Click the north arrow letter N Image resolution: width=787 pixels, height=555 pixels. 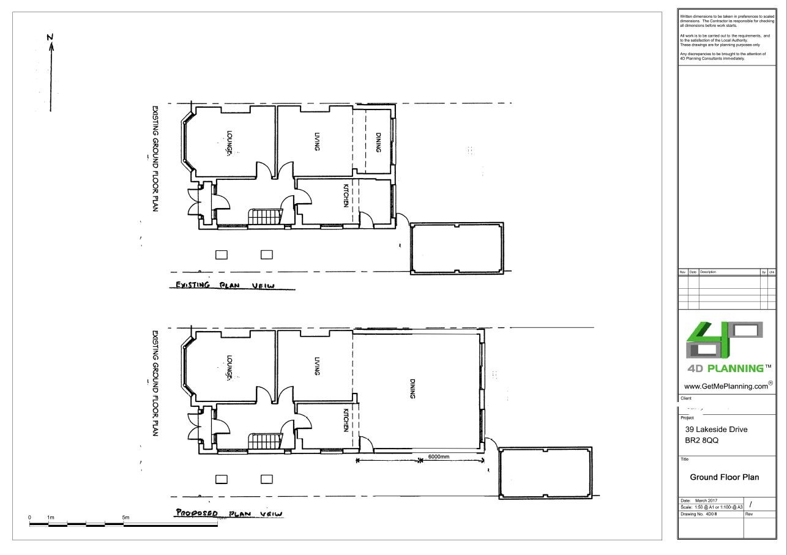(x=51, y=37)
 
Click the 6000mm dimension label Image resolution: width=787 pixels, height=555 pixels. (x=438, y=457)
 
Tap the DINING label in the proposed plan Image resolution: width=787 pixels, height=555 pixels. (x=412, y=389)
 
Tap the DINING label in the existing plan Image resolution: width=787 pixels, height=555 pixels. (x=379, y=143)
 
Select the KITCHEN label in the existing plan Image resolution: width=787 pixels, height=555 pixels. (x=346, y=196)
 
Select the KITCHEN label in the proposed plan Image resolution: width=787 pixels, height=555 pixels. (x=346, y=420)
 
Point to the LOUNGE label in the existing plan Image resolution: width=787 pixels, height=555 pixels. (x=229, y=143)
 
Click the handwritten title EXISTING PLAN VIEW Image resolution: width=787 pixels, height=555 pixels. (x=225, y=285)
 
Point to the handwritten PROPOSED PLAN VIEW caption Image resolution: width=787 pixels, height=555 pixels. (x=228, y=513)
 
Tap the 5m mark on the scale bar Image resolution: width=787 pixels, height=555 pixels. (x=125, y=518)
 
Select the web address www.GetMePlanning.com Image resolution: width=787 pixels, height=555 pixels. (x=726, y=386)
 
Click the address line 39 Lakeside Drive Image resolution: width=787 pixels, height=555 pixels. (x=717, y=430)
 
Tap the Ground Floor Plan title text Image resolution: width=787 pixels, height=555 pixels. (x=725, y=477)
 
